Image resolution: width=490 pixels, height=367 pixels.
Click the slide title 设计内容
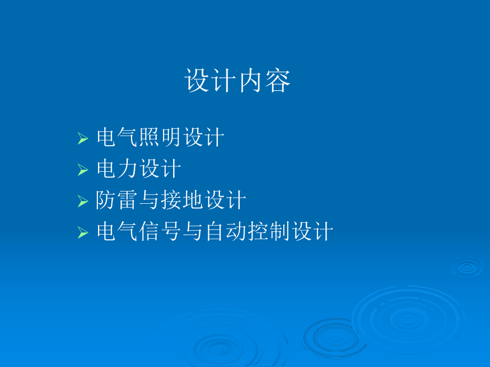click(238, 81)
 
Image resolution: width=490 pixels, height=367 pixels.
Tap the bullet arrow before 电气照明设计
click(83, 139)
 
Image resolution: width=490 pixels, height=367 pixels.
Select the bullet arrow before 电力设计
click(83, 170)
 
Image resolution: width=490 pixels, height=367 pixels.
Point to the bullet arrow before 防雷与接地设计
click(83, 202)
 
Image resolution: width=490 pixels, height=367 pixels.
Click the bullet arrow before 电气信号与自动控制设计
click(83, 232)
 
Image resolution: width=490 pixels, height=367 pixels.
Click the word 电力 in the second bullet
click(117, 170)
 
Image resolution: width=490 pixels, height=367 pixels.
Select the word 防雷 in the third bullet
click(117, 201)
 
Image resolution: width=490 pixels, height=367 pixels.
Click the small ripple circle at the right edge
click(467, 268)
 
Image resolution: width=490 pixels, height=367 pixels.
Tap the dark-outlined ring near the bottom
click(329, 337)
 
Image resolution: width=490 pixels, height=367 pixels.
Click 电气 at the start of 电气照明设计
click(117, 138)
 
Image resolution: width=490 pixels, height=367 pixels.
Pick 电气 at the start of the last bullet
click(117, 232)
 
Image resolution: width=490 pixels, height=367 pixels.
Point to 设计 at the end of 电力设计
click(160, 170)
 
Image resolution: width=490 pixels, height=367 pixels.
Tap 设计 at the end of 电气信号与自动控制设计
click(312, 232)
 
